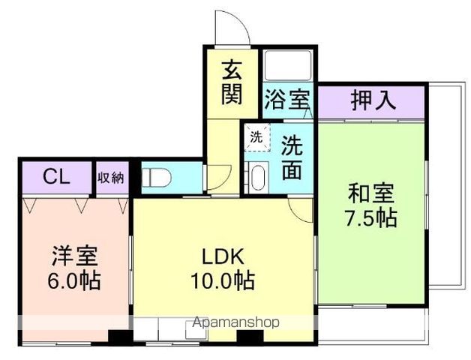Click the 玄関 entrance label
232,83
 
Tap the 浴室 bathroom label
287,99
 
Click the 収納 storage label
111,178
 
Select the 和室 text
370,193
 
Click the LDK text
222,256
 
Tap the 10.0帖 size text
222,281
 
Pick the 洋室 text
73,255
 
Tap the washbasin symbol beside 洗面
257,178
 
